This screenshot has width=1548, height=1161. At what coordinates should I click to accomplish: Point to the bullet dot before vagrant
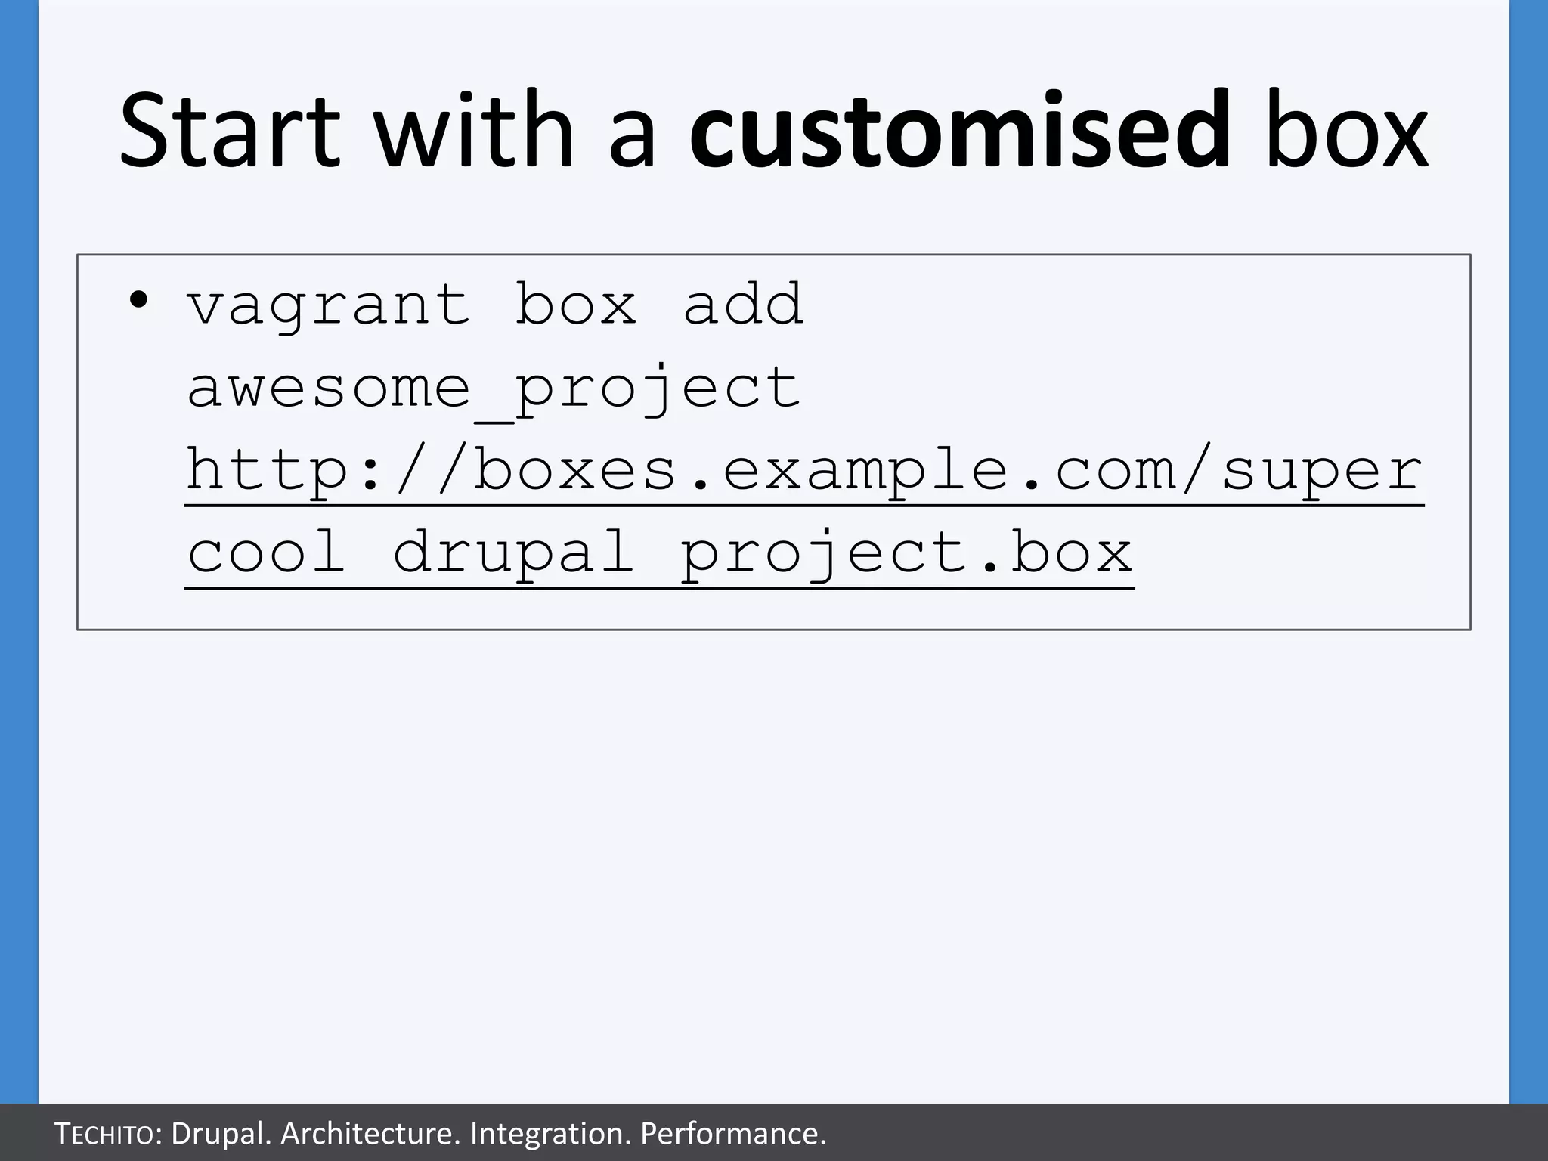(138, 300)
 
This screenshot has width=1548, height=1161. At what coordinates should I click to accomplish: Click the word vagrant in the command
(329, 305)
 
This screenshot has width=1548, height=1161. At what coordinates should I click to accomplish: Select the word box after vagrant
(576, 305)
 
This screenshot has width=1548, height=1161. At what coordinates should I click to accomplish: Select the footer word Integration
(550, 1134)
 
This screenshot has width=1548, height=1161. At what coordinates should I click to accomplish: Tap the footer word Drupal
(220, 1134)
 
